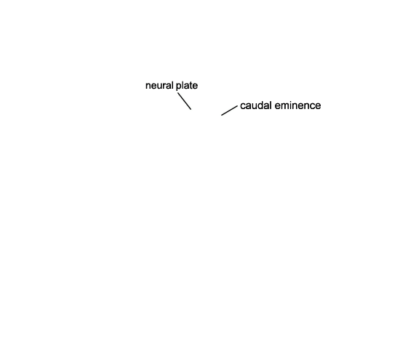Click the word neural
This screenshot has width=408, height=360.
159,85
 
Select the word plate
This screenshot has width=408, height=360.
187,86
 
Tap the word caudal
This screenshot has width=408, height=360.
256,105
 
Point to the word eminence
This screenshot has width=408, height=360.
297,105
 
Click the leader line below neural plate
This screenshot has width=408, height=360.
185,101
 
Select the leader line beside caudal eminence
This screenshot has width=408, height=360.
229,111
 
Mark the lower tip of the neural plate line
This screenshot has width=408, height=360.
191,109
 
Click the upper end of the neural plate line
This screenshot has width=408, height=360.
178,93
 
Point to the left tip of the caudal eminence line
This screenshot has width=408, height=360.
221,115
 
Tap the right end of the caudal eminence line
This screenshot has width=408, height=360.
237,106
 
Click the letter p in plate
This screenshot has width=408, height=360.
178,87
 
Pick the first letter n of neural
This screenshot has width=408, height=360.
148,87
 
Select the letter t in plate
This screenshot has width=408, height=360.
191,86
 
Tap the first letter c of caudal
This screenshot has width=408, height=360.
243,106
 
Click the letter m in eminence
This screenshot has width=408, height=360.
284,106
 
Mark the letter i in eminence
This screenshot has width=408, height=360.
289,105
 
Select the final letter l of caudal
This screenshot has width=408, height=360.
271,105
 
